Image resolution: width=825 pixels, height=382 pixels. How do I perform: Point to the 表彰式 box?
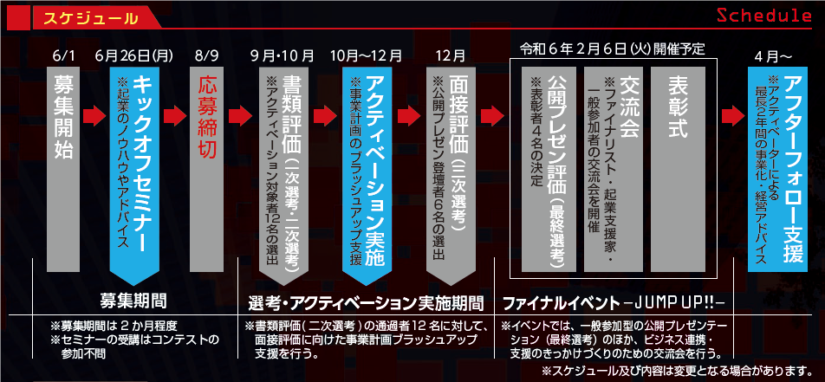[x=679, y=165]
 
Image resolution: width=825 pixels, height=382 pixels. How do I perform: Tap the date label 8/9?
[x=207, y=55]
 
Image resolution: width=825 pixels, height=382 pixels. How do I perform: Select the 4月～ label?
[x=773, y=55]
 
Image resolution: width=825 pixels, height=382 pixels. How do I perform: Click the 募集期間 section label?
[x=139, y=301]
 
